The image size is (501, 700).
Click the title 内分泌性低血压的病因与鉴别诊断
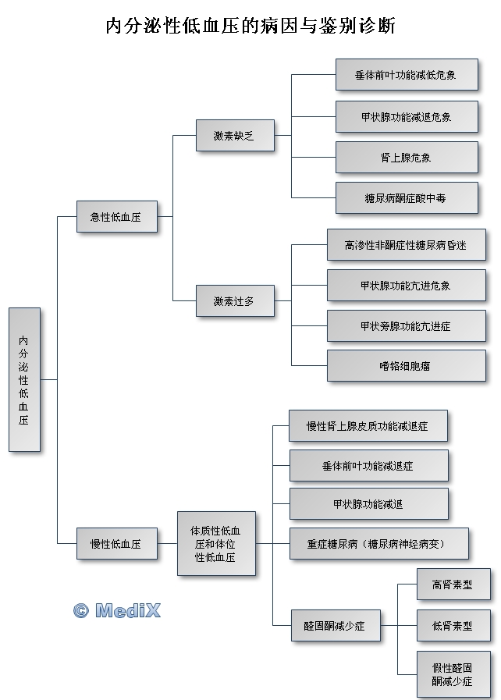coord(250,27)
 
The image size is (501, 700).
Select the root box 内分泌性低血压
coord(24,379)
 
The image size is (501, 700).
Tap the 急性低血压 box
coord(117,217)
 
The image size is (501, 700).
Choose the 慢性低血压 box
coord(117,544)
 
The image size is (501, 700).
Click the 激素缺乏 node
coord(235,135)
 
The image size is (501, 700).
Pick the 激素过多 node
coord(235,300)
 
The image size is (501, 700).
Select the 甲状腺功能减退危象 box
coord(407,116)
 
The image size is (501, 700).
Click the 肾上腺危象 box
coord(407,158)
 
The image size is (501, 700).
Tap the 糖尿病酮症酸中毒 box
coord(407,198)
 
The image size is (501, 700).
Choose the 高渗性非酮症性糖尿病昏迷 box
coord(407,245)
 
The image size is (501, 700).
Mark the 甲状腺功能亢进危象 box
coord(407,286)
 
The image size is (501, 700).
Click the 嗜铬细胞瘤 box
coord(407,366)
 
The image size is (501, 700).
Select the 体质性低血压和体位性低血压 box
coord(216,544)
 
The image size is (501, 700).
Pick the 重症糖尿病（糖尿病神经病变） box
coord(379,544)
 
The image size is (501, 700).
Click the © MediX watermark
coord(117,610)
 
